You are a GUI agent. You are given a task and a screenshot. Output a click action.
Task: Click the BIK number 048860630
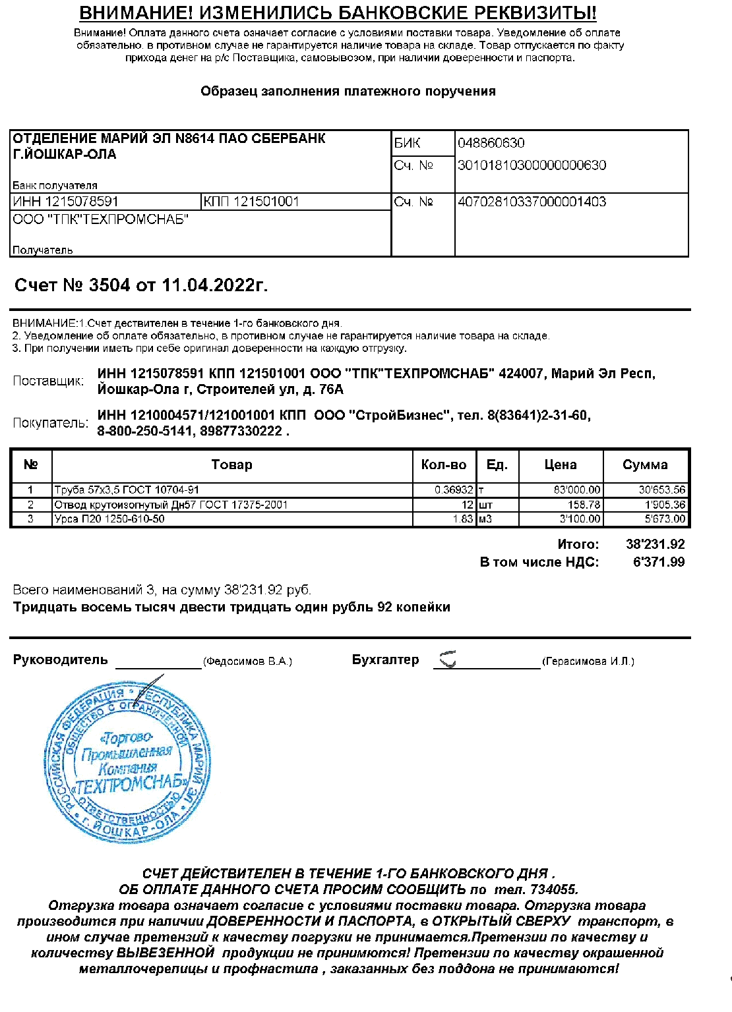tap(491, 143)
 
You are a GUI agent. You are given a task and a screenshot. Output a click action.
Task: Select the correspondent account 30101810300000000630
tap(532, 165)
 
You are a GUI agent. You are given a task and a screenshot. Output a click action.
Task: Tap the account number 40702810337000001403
tap(532, 202)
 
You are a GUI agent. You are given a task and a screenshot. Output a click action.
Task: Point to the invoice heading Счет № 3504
tap(140, 285)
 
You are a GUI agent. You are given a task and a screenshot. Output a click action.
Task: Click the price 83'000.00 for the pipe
tap(577, 490)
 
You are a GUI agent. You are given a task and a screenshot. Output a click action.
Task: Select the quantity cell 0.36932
tap(454, 490)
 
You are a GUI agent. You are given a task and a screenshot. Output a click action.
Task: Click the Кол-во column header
tap(444, 465)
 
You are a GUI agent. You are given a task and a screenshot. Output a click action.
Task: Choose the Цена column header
tap(561, 465)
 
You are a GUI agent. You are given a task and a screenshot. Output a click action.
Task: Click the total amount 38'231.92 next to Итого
tap(655, 545)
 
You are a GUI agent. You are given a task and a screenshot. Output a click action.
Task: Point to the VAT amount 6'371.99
tap(658, 563)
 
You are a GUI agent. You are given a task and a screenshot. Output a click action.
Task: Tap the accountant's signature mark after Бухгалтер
tap(448, 658)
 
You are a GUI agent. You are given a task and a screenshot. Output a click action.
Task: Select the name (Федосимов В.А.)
tap(247, 661)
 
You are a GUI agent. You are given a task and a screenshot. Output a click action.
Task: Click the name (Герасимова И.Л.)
tap(588, 661)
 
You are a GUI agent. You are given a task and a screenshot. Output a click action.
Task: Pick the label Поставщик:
tap(48, 381)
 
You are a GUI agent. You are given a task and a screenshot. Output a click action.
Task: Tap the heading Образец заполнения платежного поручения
tap(348, 92)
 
